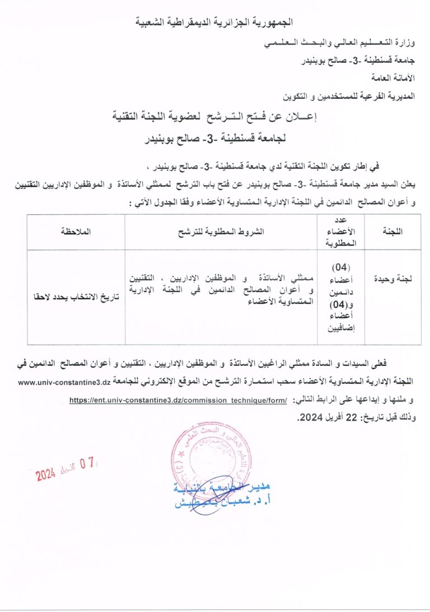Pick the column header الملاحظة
[75, 231]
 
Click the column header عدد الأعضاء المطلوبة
[340, 231]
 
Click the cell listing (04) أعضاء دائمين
[340, 296]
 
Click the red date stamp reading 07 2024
[67, 469]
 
